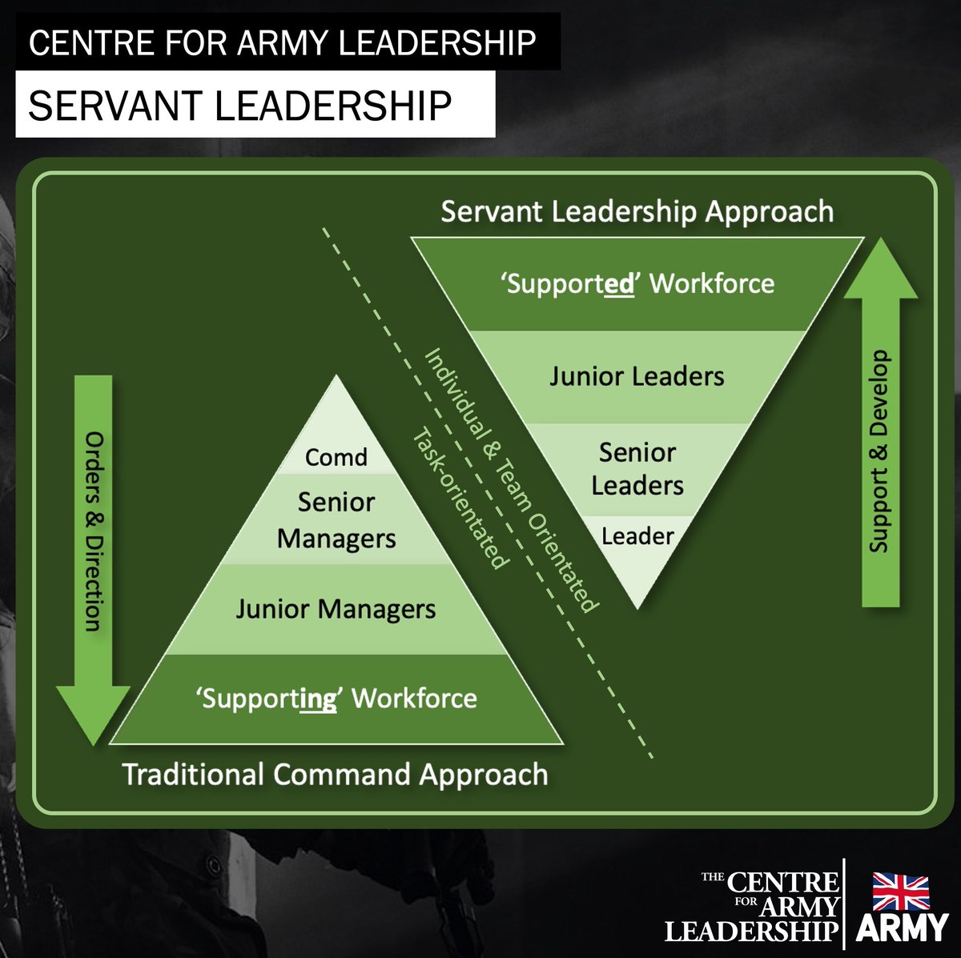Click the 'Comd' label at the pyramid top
(336, 457)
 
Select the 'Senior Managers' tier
(336, 520)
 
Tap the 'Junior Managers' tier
(336, 609)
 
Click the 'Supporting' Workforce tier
(336, 699)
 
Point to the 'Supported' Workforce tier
(637, 283)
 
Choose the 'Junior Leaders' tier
(637, 376)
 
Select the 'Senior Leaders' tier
(637, 469)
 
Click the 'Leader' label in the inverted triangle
(637, 536)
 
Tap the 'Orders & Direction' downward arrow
(94, 544)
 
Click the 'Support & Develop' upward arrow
(880, 432)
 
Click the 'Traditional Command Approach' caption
(335, 775)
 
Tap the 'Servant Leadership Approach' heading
(637, 211)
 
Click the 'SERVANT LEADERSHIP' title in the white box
(240, 105)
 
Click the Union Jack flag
(901, 892)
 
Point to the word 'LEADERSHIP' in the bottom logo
(751, 931)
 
